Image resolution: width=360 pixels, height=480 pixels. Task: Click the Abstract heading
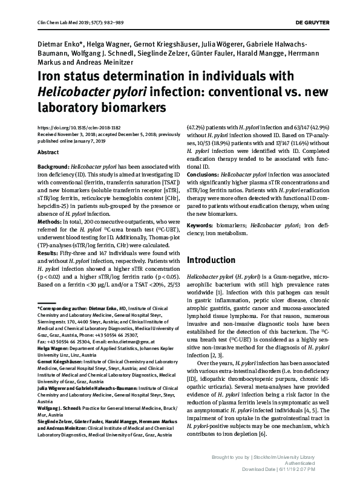48,154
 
